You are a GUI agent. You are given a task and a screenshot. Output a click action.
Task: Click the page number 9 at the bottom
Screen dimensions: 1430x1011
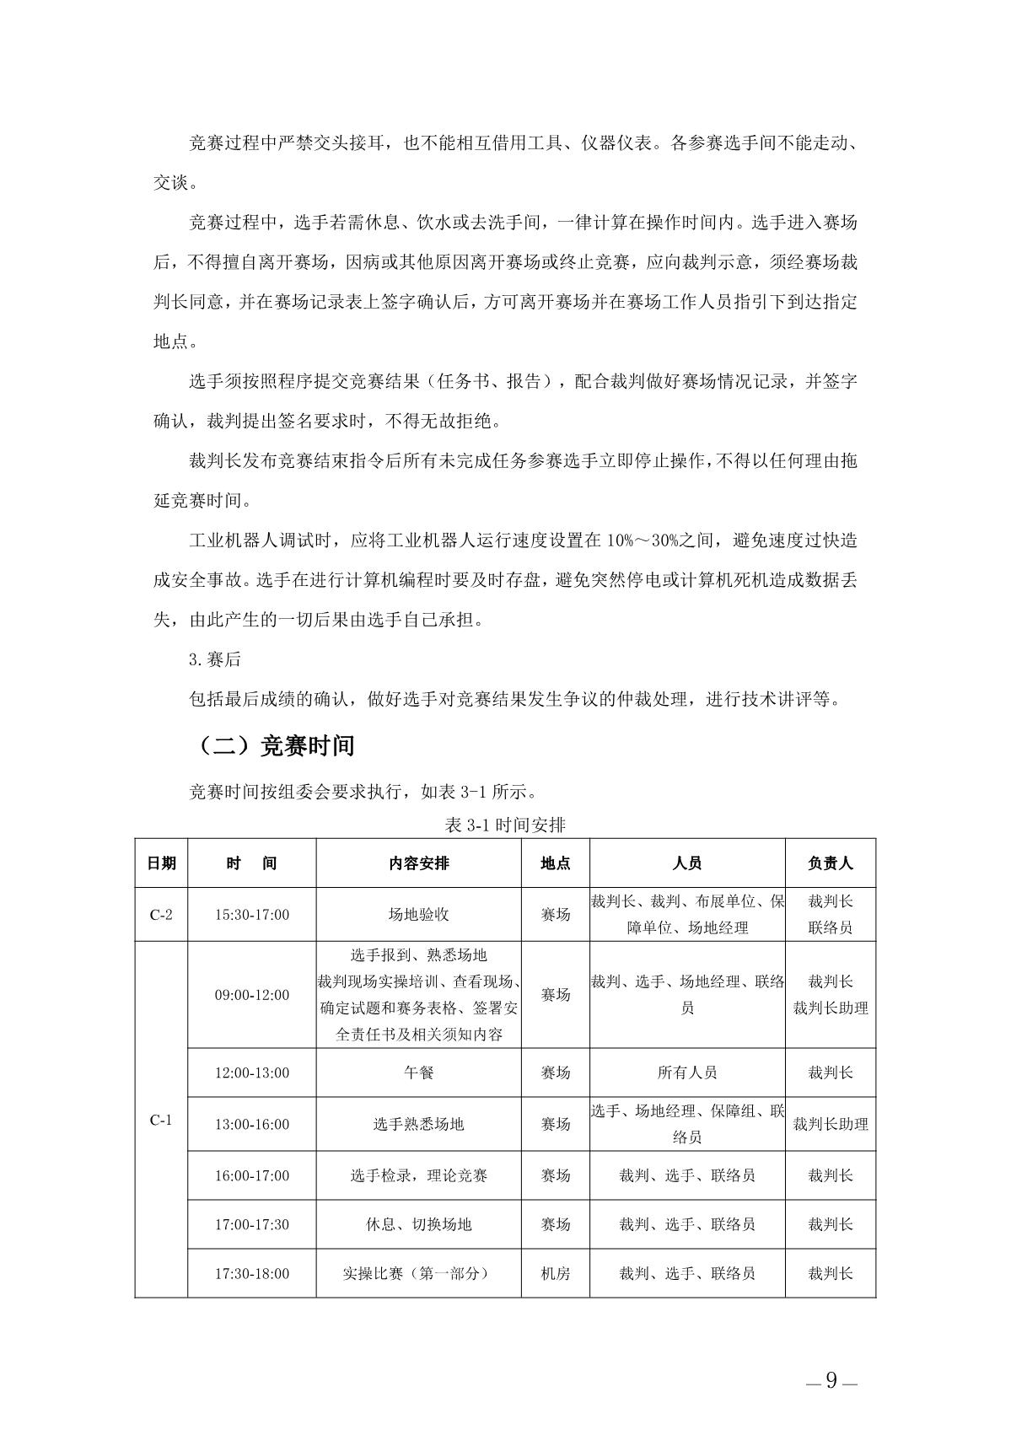[831, 1381]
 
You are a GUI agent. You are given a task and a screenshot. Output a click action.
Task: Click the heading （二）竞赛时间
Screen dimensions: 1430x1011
[276, 746]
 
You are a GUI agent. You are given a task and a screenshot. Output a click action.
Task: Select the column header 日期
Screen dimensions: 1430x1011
[161, 863]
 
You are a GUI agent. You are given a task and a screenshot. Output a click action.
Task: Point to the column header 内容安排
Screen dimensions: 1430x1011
[419, 863]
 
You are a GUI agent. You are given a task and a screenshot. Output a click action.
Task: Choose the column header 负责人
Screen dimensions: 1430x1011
[831, 863]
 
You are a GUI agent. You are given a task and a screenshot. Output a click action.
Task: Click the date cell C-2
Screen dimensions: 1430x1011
[161, 915]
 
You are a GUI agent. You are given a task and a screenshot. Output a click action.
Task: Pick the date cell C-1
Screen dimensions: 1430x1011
[161, 1121]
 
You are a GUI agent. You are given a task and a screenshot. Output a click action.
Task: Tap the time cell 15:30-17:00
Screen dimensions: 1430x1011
[252, 915]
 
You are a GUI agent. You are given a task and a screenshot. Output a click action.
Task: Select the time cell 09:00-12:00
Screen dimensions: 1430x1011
[252, 995]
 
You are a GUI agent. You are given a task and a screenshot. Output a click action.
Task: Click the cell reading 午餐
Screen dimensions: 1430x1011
[419, 1072]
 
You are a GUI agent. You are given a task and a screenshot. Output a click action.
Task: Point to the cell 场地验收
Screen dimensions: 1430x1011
[419, 915]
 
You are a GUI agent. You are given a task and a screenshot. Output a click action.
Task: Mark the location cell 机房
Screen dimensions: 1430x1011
[555, 1273]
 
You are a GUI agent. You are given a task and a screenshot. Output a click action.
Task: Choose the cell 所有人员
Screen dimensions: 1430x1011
[687, 1072]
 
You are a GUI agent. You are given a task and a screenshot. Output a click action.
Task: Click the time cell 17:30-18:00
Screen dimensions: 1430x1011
[252, 1273]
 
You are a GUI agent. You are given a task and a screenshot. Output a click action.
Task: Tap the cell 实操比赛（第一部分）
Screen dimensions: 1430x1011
[419, 1273]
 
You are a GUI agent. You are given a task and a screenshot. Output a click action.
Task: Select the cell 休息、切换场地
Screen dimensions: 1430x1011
[419, 1224]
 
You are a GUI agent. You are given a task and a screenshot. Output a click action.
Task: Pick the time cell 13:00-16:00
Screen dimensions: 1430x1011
[252, 1124]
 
